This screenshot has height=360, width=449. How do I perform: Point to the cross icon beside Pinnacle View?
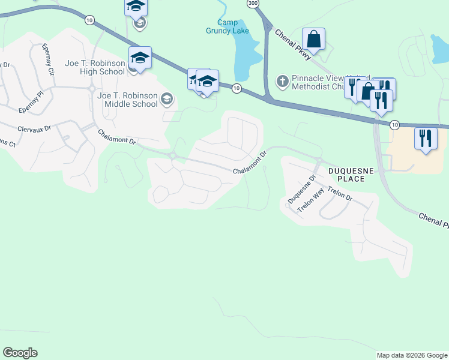(x=282, y=80)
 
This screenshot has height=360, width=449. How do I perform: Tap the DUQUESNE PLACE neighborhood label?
(x=351, y=175)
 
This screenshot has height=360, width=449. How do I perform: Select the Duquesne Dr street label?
(x=302, y=190)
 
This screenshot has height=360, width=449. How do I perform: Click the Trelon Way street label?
(x=311, y=200)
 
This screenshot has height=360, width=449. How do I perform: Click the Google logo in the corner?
(x=20, y=353)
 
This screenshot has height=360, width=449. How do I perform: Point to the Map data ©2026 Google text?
(x=412, y=355)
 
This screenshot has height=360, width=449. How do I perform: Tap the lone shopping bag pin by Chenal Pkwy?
(x=313, y=40)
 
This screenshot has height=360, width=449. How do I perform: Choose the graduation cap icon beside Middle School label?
(x=167, y=100)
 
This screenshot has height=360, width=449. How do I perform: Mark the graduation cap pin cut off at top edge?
(x=136, y=7)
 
